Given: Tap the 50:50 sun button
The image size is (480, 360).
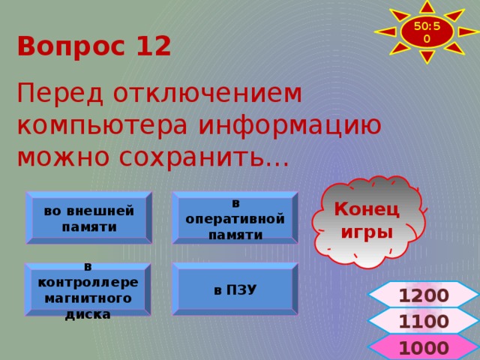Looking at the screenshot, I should [426, 32].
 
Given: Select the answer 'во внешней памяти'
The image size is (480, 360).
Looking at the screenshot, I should [89, 218].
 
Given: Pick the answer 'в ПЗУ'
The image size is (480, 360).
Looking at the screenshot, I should [235, 289].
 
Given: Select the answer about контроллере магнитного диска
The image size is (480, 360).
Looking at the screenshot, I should [88, 289].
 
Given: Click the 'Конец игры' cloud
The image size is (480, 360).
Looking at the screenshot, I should [366, 220].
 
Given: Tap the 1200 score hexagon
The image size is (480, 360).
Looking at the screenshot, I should [424, 295].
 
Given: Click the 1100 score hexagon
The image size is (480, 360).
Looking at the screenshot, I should [424, 322].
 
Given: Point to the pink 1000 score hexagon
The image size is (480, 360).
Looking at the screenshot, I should [424, 347].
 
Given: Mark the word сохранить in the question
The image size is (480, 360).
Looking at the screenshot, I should [195, 157].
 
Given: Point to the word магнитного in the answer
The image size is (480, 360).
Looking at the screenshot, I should [88, 298].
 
